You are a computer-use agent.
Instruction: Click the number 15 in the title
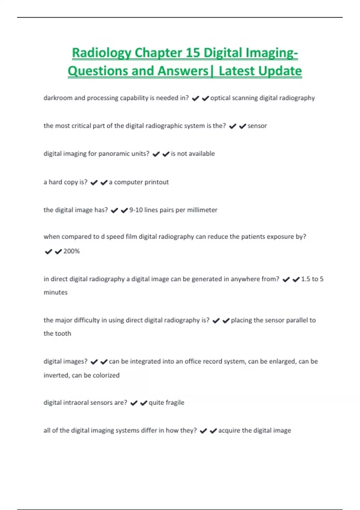click(193, 53)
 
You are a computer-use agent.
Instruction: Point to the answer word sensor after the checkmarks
click(257, 126)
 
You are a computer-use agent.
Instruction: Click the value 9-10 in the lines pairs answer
click(136, 210)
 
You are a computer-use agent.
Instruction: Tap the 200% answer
click(71, 251)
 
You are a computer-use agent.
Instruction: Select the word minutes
click(55, 292)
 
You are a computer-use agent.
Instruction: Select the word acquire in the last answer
click(229, 430)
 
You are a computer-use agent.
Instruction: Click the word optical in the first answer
click(220, 98)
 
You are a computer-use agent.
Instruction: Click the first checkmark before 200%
click(48, 251)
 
